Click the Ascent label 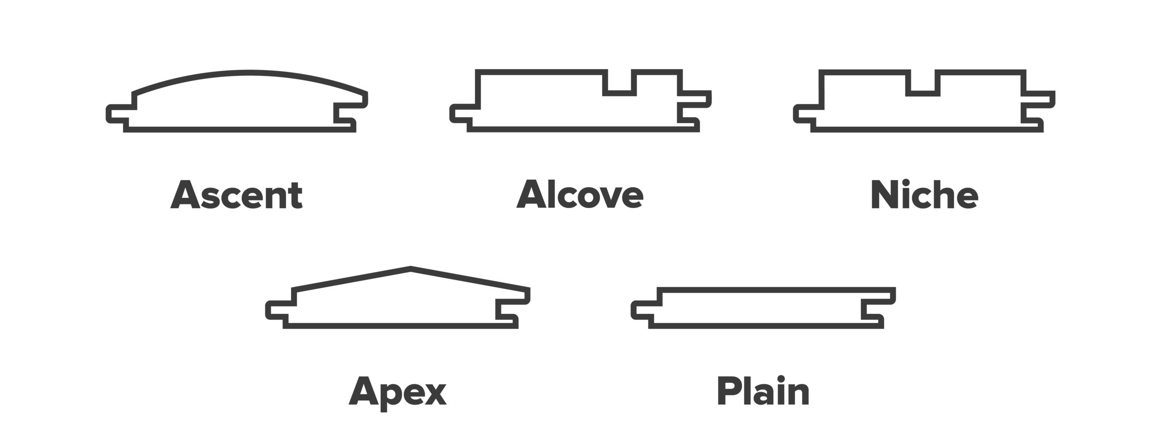236,195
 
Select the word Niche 924,195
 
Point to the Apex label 398,392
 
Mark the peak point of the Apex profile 411,268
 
